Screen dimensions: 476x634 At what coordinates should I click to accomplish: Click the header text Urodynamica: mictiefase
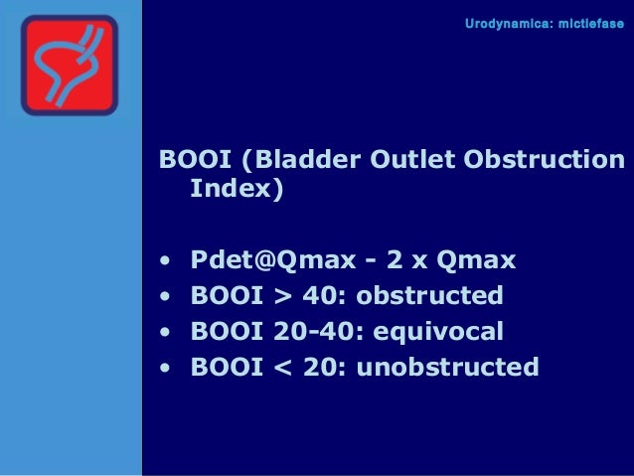coord(545,22)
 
